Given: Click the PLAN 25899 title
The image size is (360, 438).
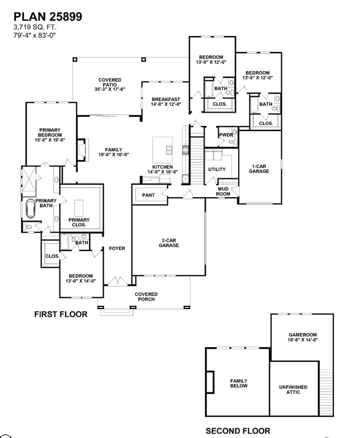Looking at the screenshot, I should click(x=47, y=17).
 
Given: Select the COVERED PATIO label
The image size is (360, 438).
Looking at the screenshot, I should click(x=110, y=85).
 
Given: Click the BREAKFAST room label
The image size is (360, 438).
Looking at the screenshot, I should click(x=166, y=102).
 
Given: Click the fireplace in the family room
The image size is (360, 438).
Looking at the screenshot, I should click(x=81, y=150).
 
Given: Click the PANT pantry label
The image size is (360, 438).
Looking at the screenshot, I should click(x=148, y=195).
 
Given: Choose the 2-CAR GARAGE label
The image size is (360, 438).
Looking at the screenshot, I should click(x=168, y=243).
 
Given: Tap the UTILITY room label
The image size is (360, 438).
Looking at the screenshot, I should click(x=216, y=169).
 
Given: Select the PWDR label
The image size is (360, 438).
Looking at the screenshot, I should click(x=225, y=135).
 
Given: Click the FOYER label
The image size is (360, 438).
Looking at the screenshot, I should click(x=117, y=248).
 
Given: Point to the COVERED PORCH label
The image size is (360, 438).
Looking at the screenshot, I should click(x=146, y=297).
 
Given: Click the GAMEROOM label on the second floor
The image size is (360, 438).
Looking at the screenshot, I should click(x=303, y=337).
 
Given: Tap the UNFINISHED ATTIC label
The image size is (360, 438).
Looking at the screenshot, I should click(x=293, y=389).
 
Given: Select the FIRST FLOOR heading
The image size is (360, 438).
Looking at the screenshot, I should click(x=61, y=314).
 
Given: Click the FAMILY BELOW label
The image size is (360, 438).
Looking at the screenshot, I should click(x=238, y=383).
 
